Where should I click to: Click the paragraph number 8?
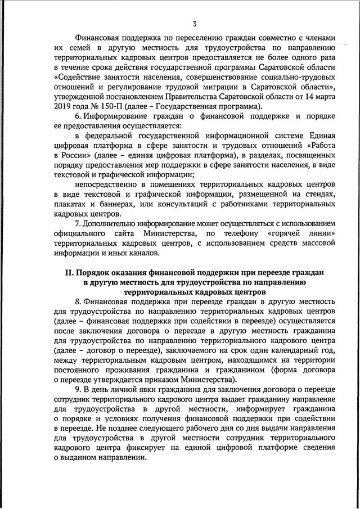point(77,304)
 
